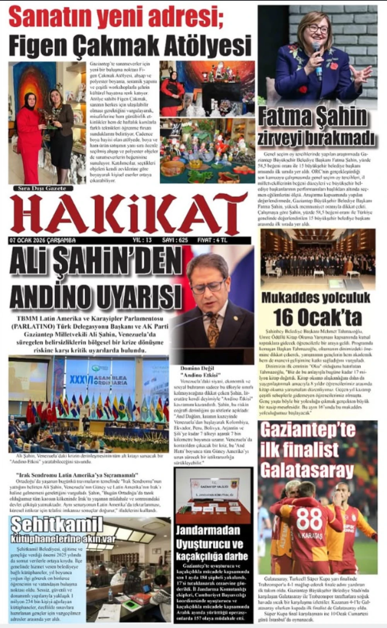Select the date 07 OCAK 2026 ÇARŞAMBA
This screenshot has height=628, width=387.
[x=42, y=240]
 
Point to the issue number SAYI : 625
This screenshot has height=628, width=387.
[x=175, y=240]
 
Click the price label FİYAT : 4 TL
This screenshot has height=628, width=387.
[x=212, y=240]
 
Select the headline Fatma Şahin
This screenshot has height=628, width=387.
[x=312, y=117]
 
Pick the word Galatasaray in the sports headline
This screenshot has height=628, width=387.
[x=307, y=471]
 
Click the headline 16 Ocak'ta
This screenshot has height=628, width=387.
[x=317, y=318]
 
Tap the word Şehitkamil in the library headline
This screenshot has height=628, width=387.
[x=57, y=525]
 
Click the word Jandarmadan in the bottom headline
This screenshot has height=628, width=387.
[x=208, y=530]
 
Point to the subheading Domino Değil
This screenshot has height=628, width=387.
[x=197, y=368]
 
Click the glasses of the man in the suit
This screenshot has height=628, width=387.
[x=207, y=286]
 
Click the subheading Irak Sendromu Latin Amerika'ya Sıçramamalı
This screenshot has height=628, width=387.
[x=77, y=476]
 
